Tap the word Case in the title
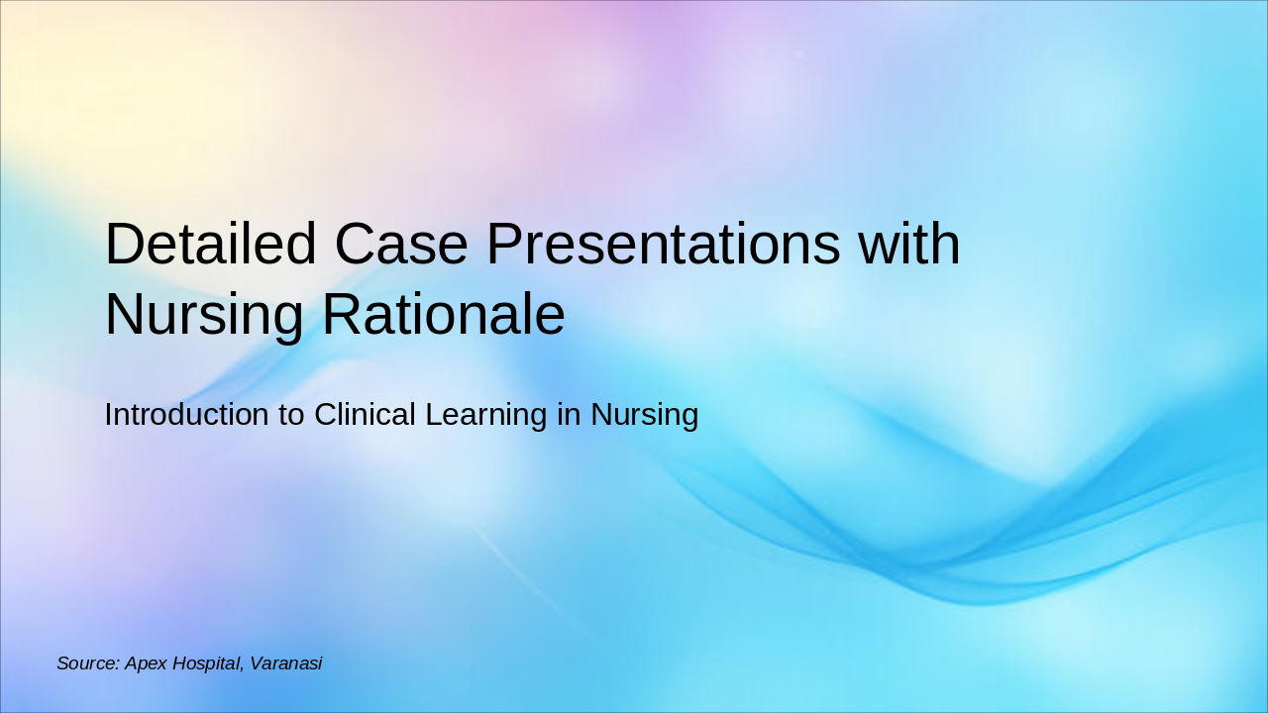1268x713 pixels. click(401, 245)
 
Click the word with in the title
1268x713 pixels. click(908, 245)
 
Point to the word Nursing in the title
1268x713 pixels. click(204, 316)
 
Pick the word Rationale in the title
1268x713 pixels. click(443, 316)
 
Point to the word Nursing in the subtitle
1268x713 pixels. click(644, 415)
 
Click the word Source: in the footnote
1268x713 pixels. click(87, 663)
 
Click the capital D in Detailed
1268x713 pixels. click(126, 245)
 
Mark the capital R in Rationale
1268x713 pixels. click(341, 316)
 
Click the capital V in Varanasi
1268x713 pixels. click(256, 663)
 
